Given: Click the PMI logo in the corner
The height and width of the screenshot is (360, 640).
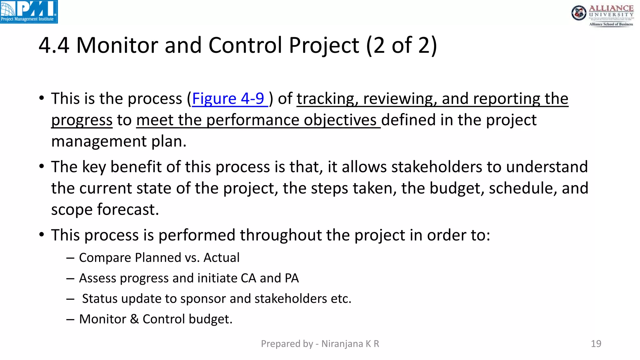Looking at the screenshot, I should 29,12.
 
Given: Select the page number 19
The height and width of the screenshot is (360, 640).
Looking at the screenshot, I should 596,344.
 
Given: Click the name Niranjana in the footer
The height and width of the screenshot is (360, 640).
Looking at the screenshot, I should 342,344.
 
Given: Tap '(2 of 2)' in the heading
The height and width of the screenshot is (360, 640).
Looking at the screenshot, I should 401,45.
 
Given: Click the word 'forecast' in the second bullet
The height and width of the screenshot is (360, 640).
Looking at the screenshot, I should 128,209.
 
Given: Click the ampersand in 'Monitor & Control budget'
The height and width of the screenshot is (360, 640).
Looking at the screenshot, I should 134,319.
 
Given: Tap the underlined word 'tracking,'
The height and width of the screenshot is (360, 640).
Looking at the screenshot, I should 327,99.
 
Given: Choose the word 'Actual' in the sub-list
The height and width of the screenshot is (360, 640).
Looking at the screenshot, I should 221,258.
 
